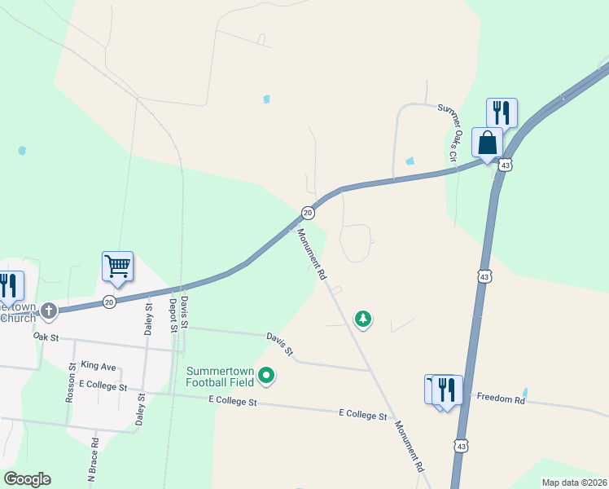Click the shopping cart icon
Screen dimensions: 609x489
pos(118,266)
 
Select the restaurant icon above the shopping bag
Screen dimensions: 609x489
pos(502,112)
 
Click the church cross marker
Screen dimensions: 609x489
pos(49,311)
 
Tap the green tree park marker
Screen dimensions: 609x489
pos(363,319)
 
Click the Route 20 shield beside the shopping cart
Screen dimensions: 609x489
pos(109,302)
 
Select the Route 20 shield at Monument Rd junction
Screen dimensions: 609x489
pos(308,213)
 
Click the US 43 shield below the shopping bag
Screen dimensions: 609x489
pos(506,165)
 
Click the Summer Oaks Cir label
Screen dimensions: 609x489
pos(449,130)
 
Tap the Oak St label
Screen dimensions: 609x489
pos(46,336)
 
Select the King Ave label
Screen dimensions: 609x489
pos(99,367)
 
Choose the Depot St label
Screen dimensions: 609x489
pos(173,315)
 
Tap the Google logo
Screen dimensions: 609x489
pos(27,479)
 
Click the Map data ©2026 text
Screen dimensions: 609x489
pos(574,482)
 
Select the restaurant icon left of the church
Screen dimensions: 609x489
pos(8,285)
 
